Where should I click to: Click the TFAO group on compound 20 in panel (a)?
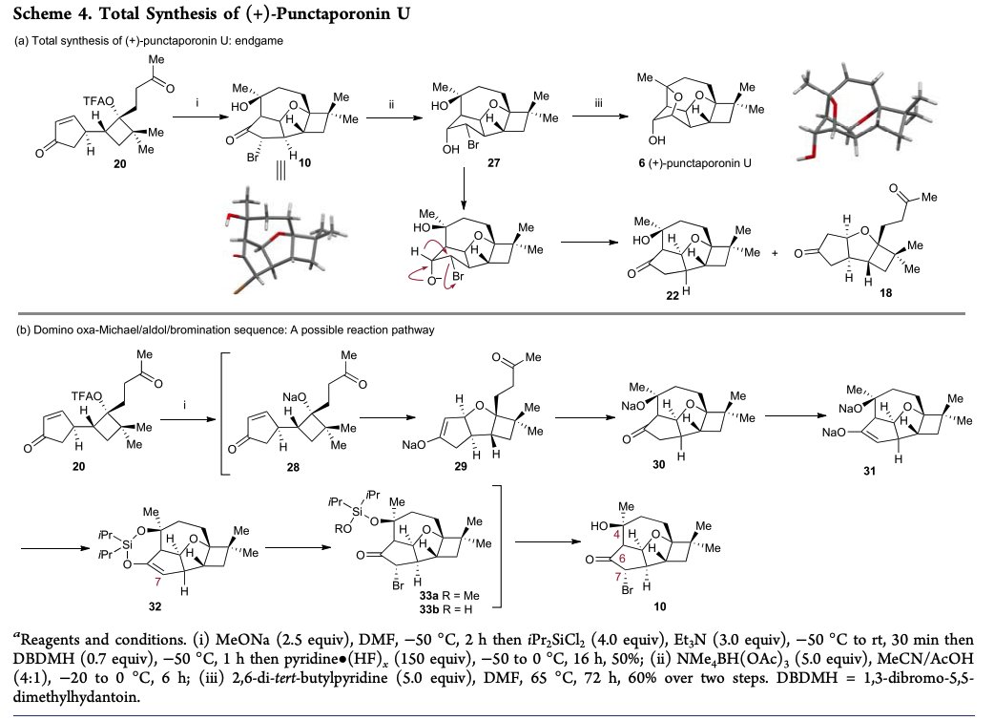pyautogui.click(x=96, y=100)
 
